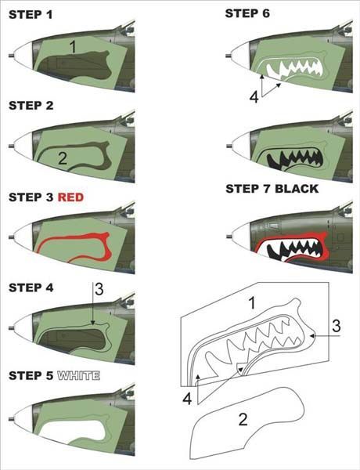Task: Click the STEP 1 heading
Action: click(31, 15)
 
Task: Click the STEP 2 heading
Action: click(31, 106)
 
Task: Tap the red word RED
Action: click(70, 197)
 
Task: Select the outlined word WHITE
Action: click(78, 375)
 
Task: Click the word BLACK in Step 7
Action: click(297, 189)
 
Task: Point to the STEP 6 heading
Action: click(247, 13)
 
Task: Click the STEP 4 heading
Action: click(31, 287)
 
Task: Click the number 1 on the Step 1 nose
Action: click(73, 47)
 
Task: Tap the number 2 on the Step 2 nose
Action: click(63, 158)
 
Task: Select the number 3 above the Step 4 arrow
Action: click(99, 289)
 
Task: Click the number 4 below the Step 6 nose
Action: click(254, 97)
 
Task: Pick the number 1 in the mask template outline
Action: click(252, 302)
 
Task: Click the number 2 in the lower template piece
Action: click(243, 419)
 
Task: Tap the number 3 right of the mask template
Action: click(337, 326)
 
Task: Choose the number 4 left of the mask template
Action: click(187, 399)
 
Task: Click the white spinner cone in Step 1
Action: click(23, 56)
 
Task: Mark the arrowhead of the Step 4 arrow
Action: click(93, 323)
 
